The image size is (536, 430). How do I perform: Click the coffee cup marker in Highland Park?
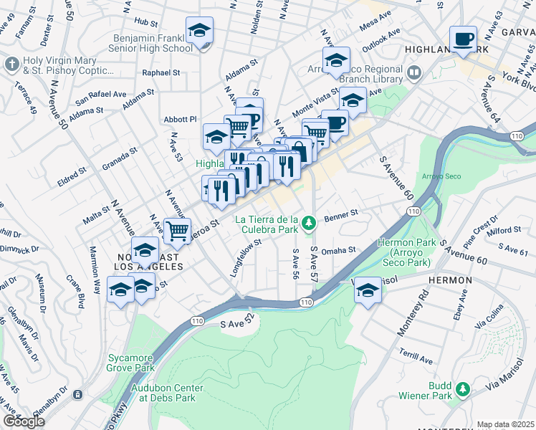pyautogui.click(x=462, y=39)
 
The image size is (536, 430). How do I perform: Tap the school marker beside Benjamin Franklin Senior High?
pyautogui.click(x=199, y=31)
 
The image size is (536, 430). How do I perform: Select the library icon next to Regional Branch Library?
pyautogui.click(x=414, y=72)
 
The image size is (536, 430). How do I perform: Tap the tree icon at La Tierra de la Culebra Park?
pyautogui.click(x=309, y=224)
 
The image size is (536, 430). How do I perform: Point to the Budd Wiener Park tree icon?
pyautogui.click(x=463, y=389)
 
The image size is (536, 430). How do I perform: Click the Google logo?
pyautogui.click(x=24, y=421)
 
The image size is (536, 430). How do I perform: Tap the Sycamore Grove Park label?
pyautogui.click(x=131, y=362)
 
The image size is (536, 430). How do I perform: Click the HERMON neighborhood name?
pyautogui.click(x=450, y=279)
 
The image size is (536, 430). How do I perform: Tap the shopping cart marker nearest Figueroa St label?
pyautogui.click(x=177, y=231)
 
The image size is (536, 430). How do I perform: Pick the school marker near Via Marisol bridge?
pyautogui.click(x=368, y=290)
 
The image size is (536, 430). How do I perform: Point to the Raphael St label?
pyautogui.click(x=161, y=72)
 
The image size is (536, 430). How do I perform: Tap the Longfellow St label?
pyautogui.click(x=246, y=253)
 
